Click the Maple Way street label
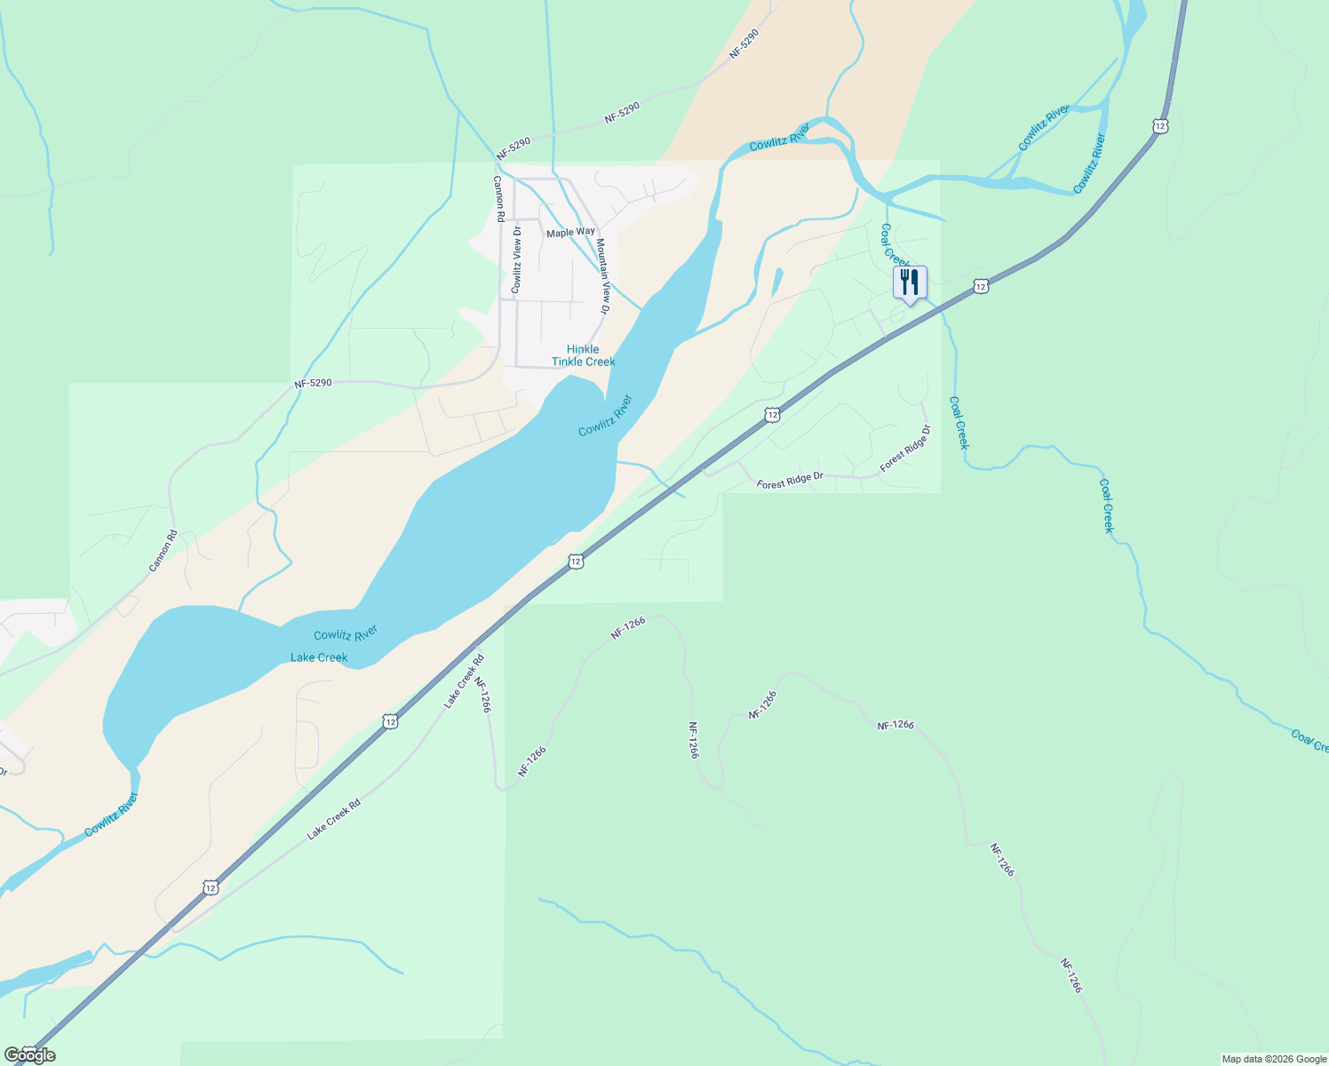pyautogui.click(x=570, y=232)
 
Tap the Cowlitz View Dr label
pyautogui.click(x=516, y=259)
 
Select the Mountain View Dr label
pyautogui.click(x=602, y=276)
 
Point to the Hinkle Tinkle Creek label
pyautogui.click(x=583, y=355)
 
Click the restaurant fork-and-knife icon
pyautogui.click(x=910, y=282)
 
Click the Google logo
pyautogui.click(x=30, y=1055)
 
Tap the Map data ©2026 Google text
pyautogui.click(x=1273, y=1059)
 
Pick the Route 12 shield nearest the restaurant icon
pyautogui.click(x=980, y=286)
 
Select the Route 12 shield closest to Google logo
pyautogui.click(x=210, y=887)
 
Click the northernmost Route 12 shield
pyautogui.click(x=1160, y=126)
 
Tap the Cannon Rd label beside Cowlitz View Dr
pyautogui.click(x=499, y=198)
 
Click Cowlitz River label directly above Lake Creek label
pyautogui.click(x=346, y=634)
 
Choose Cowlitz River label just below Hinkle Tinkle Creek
pyautogui.click(x=605, y=416)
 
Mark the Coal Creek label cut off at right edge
pyautogui.click(x=1309, y=740)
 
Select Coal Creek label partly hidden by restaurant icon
pyautogui.click(x=891, y=243)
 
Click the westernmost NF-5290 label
pyautogui.click(x=313, y=384)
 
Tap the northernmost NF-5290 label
pyautogui.click(x=744, y=44)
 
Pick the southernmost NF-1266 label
pyautogui.click(x=1071, y=975)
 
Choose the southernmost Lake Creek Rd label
pyautogui.click(x=334, y=819)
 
